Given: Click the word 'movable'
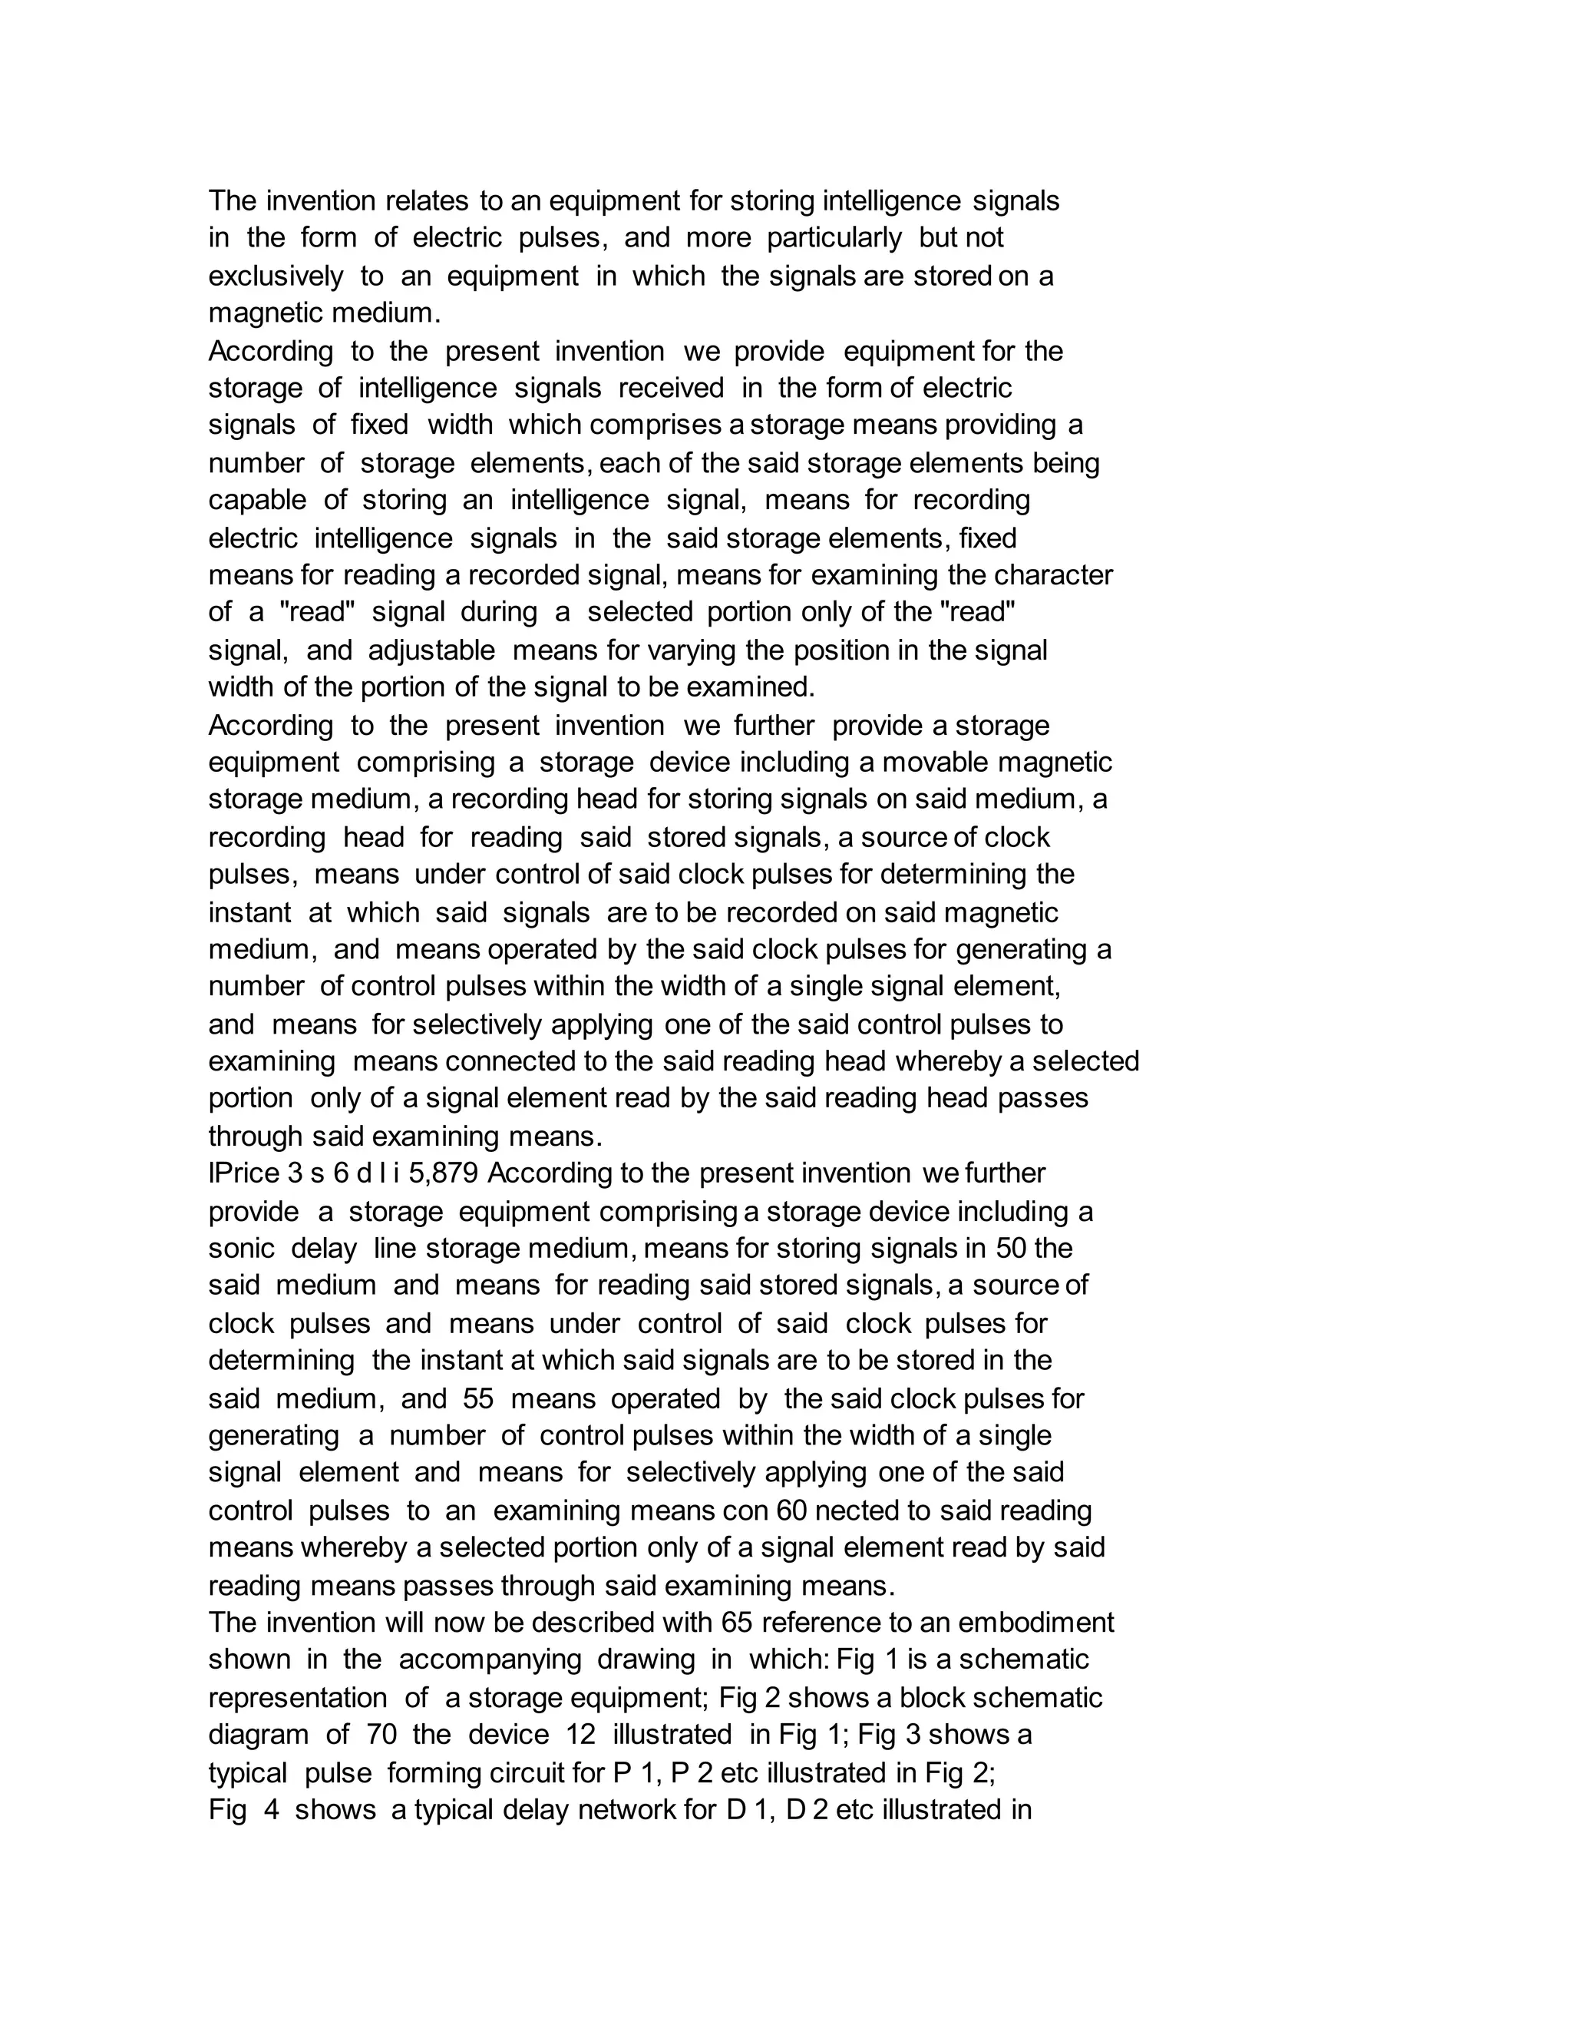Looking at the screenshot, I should click(936, 763).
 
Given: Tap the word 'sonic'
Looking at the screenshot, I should click(241, 1249).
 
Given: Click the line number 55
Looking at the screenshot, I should click(477, 1398).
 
